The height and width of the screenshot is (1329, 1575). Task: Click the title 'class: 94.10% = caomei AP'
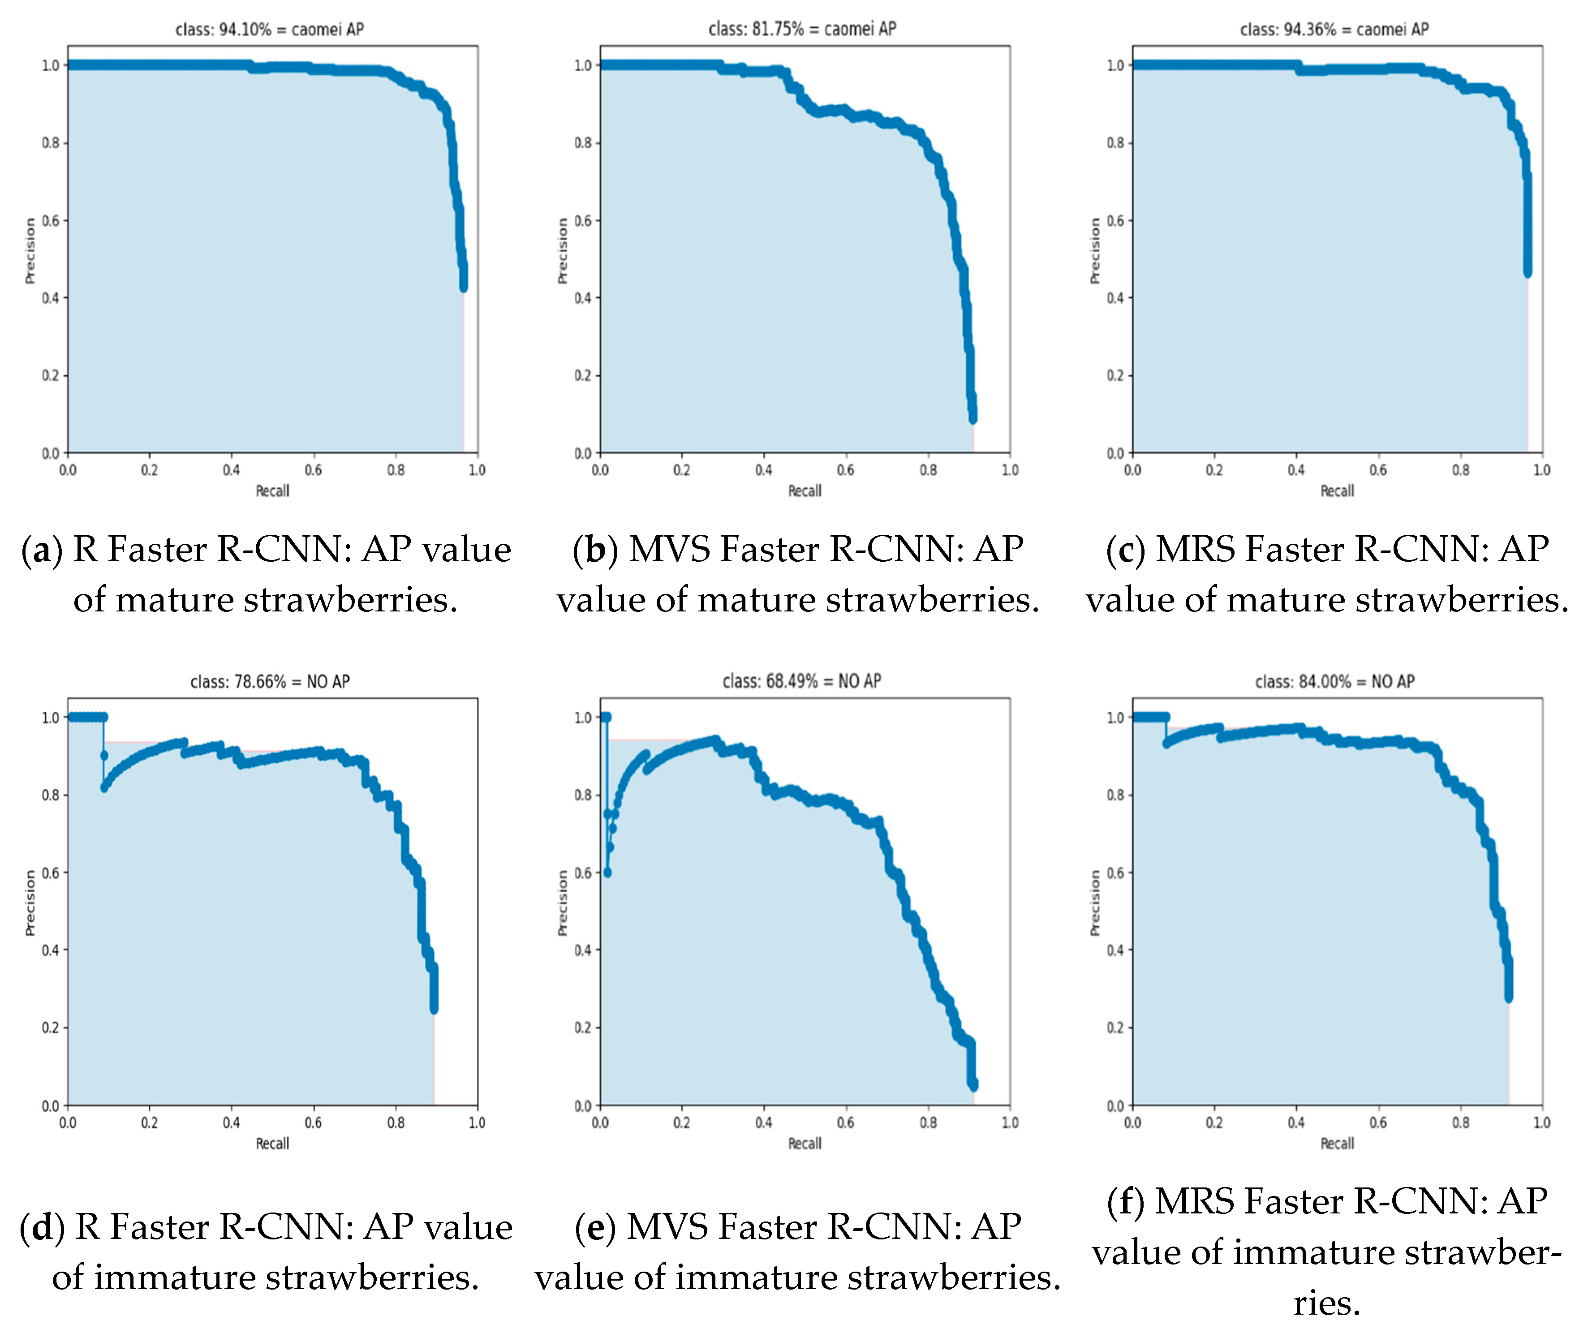tap(269, 30)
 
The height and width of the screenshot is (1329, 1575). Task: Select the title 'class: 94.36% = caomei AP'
tap(1334, 30)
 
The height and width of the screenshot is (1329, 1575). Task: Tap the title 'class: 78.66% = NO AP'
tap(269, 681)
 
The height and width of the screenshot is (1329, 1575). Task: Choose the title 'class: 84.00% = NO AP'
tap(1334, 681)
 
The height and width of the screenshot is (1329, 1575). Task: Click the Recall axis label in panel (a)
tap(272, 490)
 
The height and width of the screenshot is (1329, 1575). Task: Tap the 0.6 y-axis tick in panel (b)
tap(582, 221)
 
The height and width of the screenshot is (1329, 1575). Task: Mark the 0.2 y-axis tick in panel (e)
tap(582, 1028)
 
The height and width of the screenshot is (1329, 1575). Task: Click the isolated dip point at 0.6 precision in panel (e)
tap(607, 873)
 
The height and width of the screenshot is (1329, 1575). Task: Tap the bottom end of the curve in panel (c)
tap(1528, 273)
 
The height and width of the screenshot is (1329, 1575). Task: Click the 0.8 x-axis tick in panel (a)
tap(396, 470)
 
